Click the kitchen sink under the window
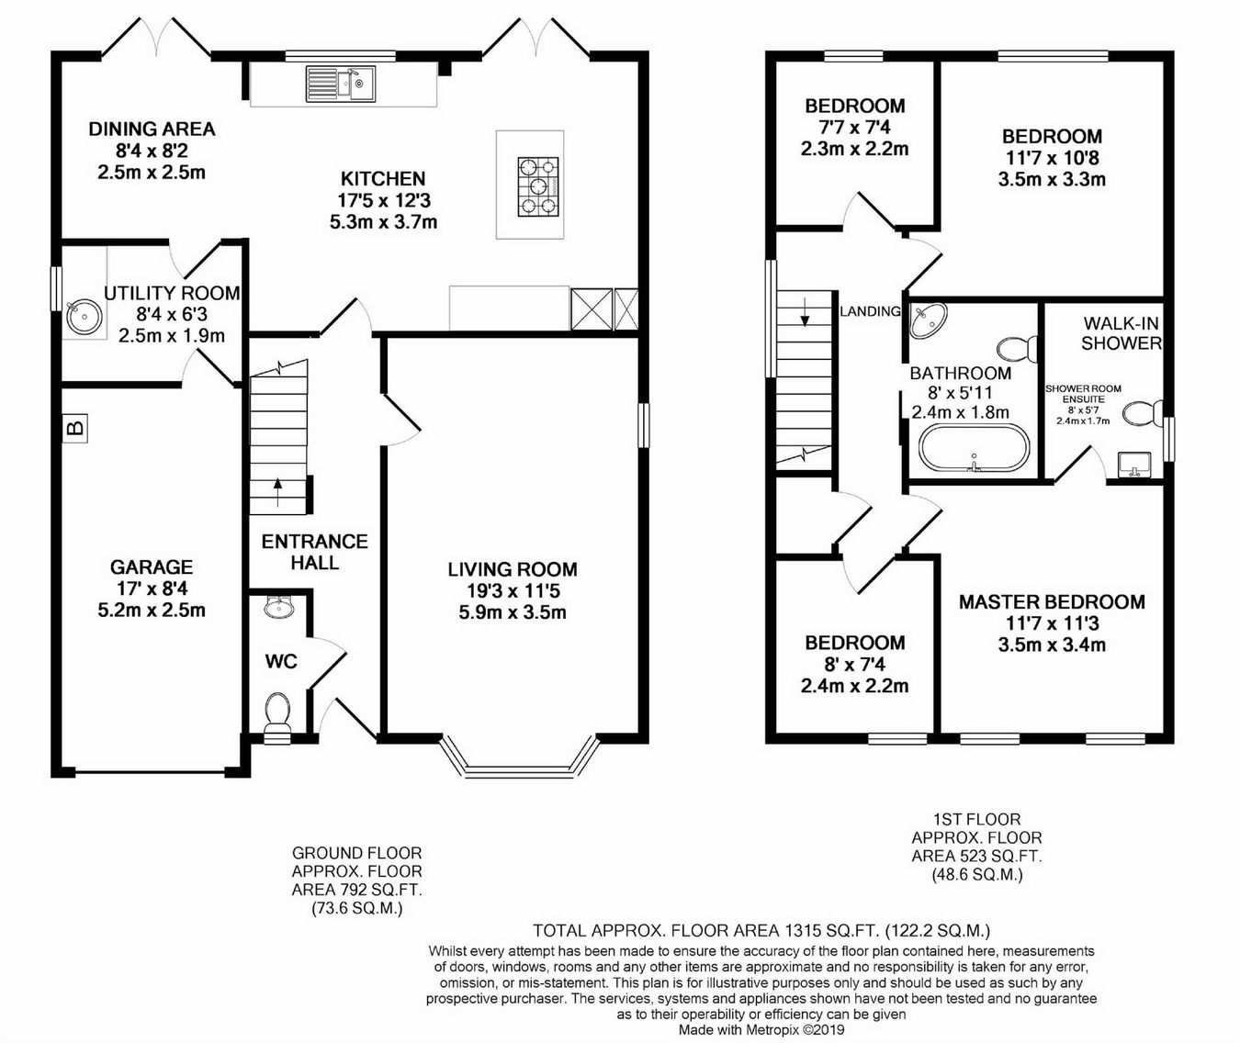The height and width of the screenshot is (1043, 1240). coord(341,84)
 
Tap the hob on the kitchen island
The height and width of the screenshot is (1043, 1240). coord(538,186)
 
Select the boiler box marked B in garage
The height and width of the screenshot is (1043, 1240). coord(74,428)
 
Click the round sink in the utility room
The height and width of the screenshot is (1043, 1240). coord(82,318)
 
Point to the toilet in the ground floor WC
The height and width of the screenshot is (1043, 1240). coord(277,714)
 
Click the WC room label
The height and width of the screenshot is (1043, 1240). coord(281,661)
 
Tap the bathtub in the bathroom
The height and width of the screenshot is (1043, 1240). coord(974,448)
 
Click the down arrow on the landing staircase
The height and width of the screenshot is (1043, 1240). coord(805,312)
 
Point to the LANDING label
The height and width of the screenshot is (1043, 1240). coord(870,311)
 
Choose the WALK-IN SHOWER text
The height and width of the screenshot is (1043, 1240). coord(1122,333)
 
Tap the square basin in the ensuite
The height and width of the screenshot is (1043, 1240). coord(1134,465)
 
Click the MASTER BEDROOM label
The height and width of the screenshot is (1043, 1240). coord(1052,602)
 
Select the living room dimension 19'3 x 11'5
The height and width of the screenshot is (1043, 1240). coord(513,590)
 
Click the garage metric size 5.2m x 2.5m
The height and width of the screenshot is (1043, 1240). coord(152,610)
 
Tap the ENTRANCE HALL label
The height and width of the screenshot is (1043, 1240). coord(315,552)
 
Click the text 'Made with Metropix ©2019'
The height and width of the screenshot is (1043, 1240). coord(761,1030)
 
